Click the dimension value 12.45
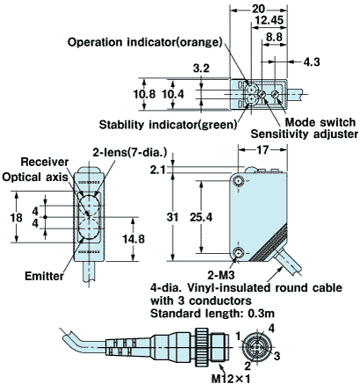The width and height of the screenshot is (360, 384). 270,20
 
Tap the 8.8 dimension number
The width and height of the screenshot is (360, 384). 274,37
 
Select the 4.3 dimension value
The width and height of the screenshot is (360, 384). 312,62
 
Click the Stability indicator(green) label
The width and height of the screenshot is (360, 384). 169,125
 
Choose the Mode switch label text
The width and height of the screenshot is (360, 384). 320,122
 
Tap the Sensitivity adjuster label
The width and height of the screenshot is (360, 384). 305,134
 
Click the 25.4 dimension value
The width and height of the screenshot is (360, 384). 201,217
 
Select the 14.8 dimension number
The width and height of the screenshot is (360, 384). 133,239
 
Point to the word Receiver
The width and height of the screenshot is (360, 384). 45,162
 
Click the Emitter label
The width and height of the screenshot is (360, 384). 44,276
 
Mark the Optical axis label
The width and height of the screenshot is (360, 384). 35,178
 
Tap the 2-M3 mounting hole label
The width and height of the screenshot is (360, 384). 221,275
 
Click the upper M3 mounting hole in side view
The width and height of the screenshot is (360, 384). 239,181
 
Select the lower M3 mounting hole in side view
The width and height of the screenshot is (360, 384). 239,252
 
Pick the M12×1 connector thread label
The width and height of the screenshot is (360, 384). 231,378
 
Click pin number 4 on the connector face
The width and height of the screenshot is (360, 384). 271,329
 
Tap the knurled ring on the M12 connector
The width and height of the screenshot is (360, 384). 202,347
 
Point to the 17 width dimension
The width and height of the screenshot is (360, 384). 263,150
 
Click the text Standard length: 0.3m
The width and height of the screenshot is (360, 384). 212,314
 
